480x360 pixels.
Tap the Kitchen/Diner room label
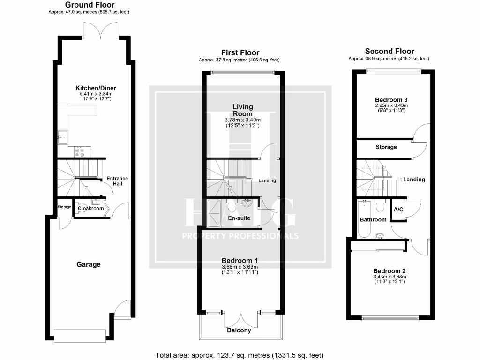96,88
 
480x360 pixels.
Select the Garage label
89,264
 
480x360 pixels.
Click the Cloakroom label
90,209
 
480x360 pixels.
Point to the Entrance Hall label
117,181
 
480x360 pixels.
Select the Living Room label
242,111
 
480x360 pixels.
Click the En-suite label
239,218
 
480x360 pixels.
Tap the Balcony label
239,330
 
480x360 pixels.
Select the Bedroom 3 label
391,100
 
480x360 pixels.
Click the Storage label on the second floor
386,147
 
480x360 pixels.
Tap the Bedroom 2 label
389,271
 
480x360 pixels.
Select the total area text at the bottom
239,355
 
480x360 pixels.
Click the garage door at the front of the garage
77,335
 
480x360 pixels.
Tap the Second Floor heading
390,52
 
